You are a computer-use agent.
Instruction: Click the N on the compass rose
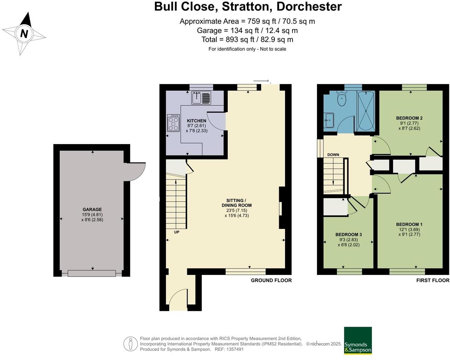[24, 34]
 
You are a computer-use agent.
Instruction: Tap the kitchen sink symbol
[201, 98]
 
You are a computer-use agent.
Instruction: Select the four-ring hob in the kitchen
[173, 123]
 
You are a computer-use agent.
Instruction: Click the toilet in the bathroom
[342, 99]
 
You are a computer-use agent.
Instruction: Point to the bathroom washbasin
[329, 120]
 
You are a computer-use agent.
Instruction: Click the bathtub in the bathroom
[366, 111]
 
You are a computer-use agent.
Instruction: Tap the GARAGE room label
[92, 209]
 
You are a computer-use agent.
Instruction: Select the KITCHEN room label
[197, 121]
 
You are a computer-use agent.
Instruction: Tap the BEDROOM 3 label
[348, 235]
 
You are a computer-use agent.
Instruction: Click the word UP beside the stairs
[177, 232]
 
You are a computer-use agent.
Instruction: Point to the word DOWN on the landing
[333, 155]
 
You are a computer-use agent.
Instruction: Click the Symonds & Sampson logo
[358, 340]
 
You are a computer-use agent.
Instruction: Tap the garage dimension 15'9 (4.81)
[92, 215]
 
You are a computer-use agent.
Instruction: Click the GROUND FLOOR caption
[271, 280]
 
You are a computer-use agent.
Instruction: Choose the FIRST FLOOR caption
[433, 280]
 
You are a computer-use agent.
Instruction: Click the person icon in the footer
[131, 344]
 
